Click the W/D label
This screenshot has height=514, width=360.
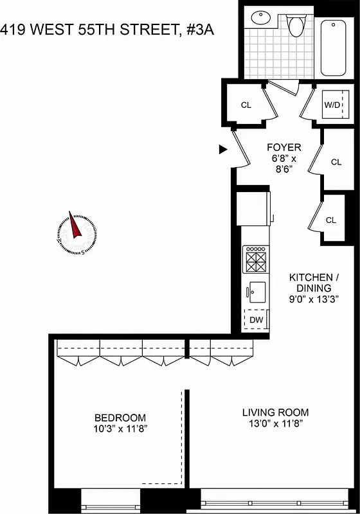[332, 104]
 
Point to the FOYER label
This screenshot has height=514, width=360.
[283, 147]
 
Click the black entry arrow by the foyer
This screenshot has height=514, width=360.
[223, 150]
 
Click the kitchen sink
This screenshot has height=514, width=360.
[256, 290]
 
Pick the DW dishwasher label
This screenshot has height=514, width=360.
[256, 319]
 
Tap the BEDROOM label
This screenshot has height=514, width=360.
[120, 417]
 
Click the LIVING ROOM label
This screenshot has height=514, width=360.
[275, 412]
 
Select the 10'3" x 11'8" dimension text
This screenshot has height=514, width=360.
[120, 428]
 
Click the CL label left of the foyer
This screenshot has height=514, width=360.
[246, 105]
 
